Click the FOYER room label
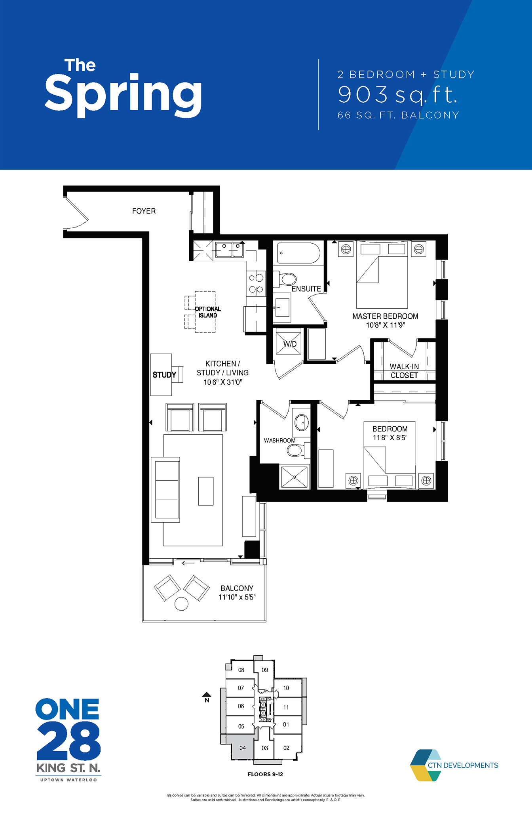click(x=144, y=211)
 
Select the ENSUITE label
click(x=306, y=289)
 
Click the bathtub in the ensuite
click(x=298, y=253)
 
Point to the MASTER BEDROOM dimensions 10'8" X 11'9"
click(x=385, y=325)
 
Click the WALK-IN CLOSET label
click(x=404, y=371)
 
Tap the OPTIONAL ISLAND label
click(x=208, y=312)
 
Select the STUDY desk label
click(x=164, y=375)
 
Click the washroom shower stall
click(x=294, y=477)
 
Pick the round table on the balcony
click(x=181, y=604)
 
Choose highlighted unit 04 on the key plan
click(x=242, y=747)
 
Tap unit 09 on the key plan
click(x=265, y=670)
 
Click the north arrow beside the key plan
click(x=207, y=695)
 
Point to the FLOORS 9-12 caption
click(x=265, y=774)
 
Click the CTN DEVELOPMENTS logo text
click(x=463, y=765)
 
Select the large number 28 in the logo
click(x=68, y=741)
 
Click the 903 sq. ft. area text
click(x=397, y=95)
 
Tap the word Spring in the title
click(x=123, y=95)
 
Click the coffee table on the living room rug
click(x=206, y=491)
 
